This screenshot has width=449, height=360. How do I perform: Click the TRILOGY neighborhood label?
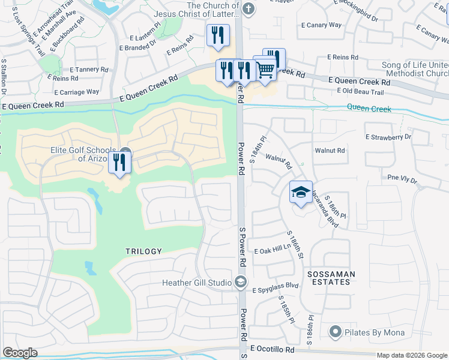coord(143,251)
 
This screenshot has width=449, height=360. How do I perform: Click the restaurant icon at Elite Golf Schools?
coord(120,162)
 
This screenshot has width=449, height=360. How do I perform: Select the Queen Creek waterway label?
coord(369,109)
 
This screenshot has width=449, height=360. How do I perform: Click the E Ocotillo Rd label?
coord(273,349)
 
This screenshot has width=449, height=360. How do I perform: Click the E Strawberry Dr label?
coord(388,137)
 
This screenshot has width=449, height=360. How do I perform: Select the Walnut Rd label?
coord(330,151)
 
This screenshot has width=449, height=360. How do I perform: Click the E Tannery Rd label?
coord(89,70)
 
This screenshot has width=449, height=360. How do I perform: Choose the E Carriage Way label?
coord(77,92)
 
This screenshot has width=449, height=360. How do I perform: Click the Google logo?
coord(20,353)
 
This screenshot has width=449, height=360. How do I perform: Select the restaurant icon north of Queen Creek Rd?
coord(217,35)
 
